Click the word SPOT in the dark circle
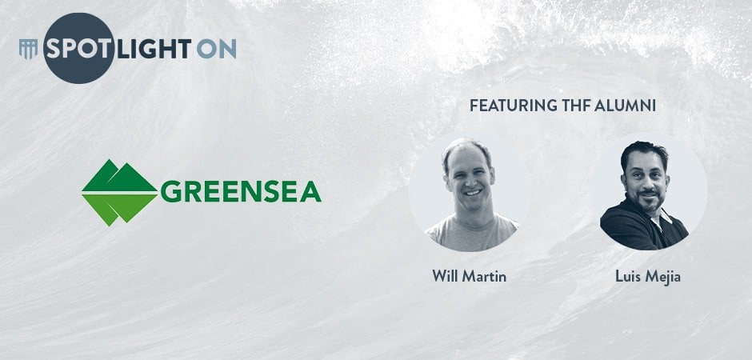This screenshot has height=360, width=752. pyautogui.click(x=78, y=49)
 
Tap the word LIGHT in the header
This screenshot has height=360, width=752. pyautogui.click(x=154, y=49)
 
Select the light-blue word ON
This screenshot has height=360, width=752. pyautogui.click(x=216, y=49)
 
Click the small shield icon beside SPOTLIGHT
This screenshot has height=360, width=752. pyautogui.click(x=28, y=50)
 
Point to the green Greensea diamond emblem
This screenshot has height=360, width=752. pyautogui.click(x=119, y=192)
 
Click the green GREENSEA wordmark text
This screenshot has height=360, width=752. pyautogui.click(x=241, y=192)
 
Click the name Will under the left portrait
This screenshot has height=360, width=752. pyautogui.click(x=445, y=276)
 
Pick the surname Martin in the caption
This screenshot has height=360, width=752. pyautogui.click(x=484, y=276)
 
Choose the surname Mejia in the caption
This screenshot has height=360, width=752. pyautogui.click(x=663, y=277)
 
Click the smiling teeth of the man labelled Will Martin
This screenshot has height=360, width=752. pyautogui.click(x=473, y=193)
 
